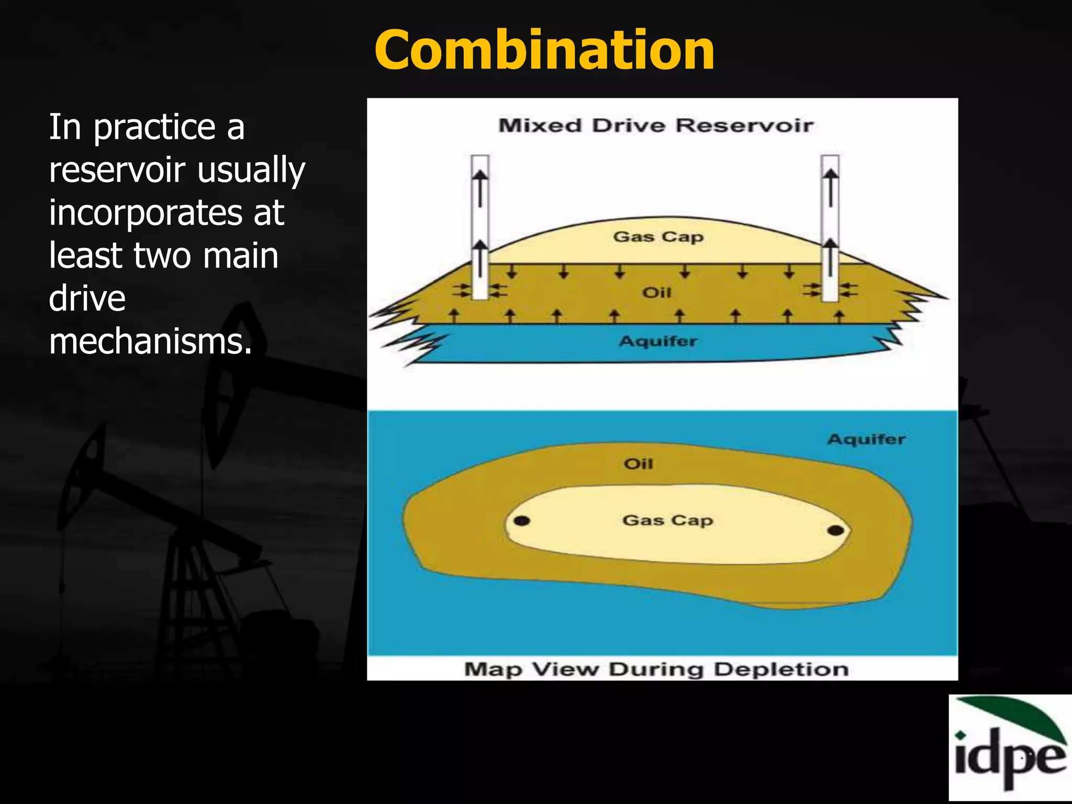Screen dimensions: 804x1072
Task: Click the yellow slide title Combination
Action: click(544, 51)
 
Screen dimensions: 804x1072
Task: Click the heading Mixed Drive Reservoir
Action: click(656, 126)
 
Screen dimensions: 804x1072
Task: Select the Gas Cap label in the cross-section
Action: click(658, 237)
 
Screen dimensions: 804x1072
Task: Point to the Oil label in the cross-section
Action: click(656, 292)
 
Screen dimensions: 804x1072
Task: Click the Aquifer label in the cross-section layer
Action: click(658, 341)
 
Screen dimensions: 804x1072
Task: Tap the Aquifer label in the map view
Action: click(866, 439)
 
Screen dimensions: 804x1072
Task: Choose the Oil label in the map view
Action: click(638, 464)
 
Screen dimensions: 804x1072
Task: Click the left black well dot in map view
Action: click(522, 520)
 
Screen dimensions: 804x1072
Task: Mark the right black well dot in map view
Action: click(836, 530)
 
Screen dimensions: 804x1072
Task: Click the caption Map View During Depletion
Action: click(656, 669)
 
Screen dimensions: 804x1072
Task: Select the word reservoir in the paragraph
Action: click(117, 170)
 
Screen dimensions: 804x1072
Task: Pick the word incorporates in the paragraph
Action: click(145, 213)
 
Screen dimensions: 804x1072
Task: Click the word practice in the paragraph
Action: click(154, 128)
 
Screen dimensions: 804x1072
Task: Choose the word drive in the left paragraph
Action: click(87, 298)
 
